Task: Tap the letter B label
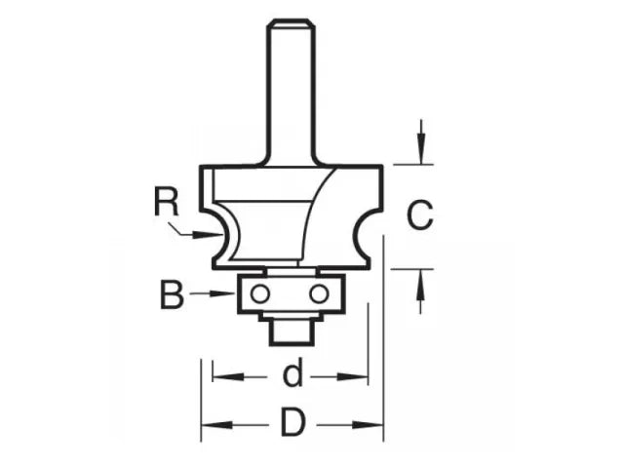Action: pyautogui.click(x=172, y=293)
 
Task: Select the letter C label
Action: pyautogui.click(x=419, y=215)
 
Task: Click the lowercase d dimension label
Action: pyautogui.click(x=290, y=375)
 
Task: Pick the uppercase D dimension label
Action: pyautogui.click(x=292, y=424)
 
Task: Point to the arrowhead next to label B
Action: pyautogui.click(x=230, y=293)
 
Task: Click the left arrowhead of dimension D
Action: pyautogui.click(x=208, y=424)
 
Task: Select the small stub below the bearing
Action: pyautogui.click(x=289, y=330)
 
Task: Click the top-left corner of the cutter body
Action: pyautogui.click(x=202, y=168)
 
